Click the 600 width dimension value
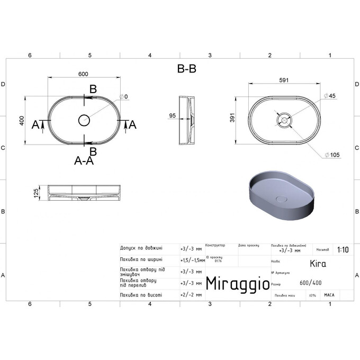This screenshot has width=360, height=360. (83, 74)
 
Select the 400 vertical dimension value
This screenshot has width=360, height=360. (22, 121)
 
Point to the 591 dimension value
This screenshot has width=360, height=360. (284, 80)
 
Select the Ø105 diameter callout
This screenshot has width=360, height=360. (334, 155)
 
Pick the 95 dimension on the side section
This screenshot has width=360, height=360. (172, 115)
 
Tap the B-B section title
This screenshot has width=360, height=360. (186, 69)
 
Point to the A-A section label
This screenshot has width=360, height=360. (84, 161)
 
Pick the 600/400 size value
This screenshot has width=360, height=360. (310, 283)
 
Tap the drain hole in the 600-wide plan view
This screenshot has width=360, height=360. (84, 120)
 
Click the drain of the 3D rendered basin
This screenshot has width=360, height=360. (282, 199)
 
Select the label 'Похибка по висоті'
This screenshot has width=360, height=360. (141, 294)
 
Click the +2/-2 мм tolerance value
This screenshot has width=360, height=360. (191, 294)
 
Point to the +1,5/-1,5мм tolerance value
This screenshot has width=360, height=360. (192, 260)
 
